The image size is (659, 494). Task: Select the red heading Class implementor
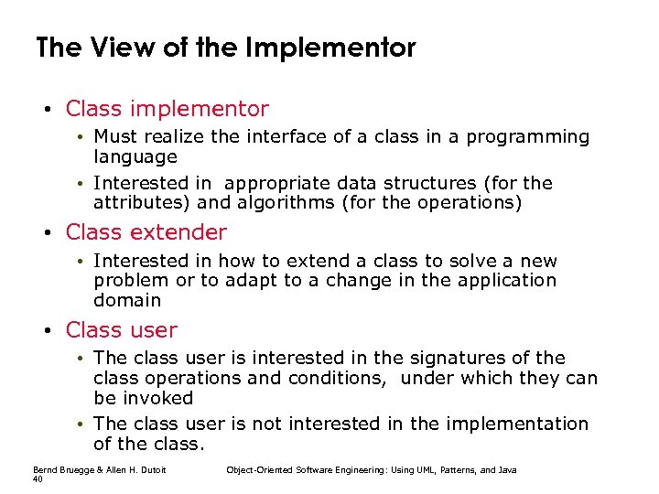click(x=167, y=110)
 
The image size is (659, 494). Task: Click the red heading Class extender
click(x=146, y=232)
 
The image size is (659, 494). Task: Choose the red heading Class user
click(x=122, y=330)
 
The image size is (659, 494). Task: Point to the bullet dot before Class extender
click(x=47, y=233)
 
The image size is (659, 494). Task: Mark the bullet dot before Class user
click(x=47, y=331)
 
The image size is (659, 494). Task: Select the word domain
click(x=127, y=300)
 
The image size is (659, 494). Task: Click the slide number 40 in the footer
click(x=38, y=479)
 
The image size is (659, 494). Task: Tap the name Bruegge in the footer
click(x=74, y=470)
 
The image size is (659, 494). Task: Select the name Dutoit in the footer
click(x=161, y=470)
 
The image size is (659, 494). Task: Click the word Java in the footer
click(x=507, y=470)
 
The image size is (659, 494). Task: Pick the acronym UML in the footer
click(x=413, y=470)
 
